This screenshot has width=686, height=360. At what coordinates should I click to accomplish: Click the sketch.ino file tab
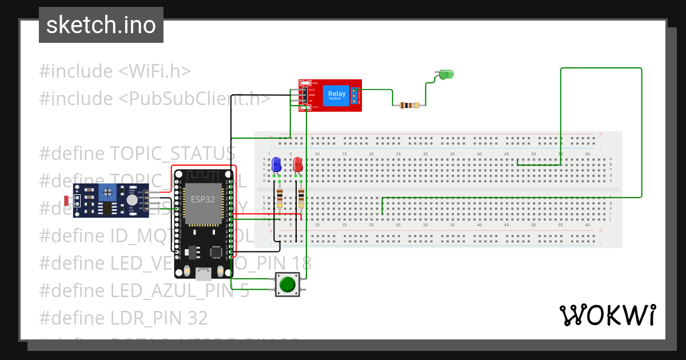(101, 25)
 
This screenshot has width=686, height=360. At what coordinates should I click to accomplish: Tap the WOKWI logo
(607, 315)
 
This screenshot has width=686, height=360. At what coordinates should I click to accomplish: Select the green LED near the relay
(446, 74)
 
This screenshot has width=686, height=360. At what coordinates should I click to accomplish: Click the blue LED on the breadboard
(277, 165)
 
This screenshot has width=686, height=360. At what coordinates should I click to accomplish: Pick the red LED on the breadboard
(298, 165)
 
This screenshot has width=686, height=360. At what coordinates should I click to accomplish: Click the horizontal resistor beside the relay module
(409, 105)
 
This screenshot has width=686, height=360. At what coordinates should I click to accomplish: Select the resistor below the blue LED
(280, 198)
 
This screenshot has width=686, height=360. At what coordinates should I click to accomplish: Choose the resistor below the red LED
(301, 198)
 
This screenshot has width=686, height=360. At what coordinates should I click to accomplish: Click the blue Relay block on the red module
(336, 95)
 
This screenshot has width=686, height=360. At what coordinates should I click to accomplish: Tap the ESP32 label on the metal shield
(203, 199)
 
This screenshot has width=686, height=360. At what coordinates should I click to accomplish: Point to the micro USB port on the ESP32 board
(203, 274)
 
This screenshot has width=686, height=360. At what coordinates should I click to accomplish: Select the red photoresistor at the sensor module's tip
(67, 201)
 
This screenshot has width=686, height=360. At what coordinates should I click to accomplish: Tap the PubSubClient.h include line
(154, 98)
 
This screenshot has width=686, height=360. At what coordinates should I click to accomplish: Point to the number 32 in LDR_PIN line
(196, 318)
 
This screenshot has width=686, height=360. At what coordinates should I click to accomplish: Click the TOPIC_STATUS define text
(172, 153)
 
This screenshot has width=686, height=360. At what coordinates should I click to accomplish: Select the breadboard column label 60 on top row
(588, 154)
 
